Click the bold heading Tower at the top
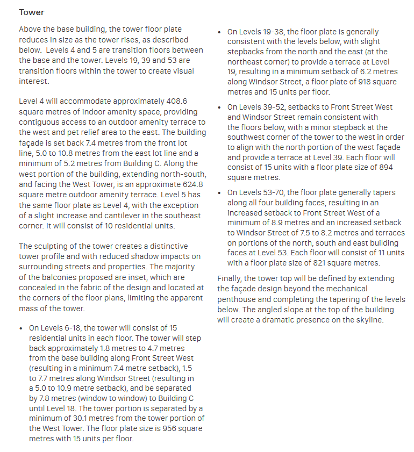point(31,12)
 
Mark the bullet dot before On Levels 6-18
point(22,328)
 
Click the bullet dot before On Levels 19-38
point(219,33)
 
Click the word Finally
point(230,278)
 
